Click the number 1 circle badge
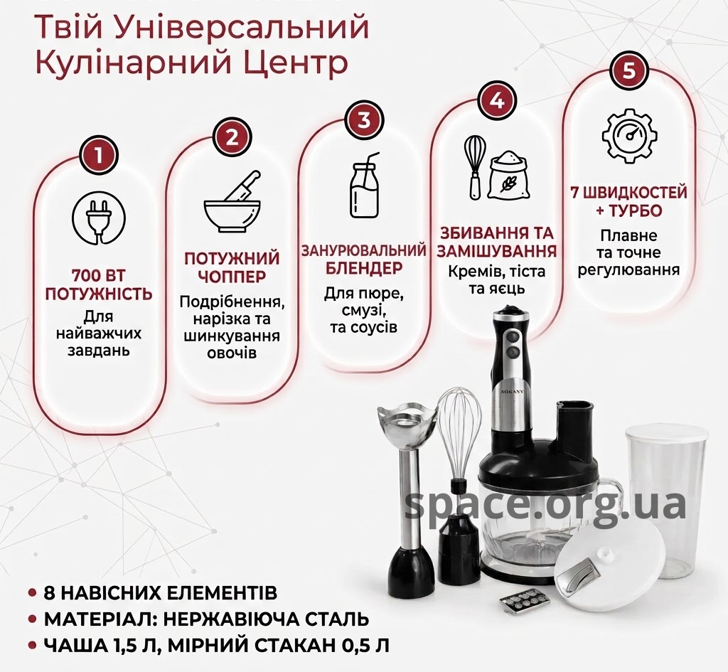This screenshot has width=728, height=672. click(98, 156)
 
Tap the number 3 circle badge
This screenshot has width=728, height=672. click(365, 119)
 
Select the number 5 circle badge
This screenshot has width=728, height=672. click(629, 71)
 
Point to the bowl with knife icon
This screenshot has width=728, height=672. click(232, 204)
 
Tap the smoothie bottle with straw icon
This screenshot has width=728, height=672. click(365, 186)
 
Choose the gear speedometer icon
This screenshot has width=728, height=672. click(631, 134)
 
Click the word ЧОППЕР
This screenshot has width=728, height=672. click(232, 277)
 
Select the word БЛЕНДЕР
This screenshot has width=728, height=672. click(363, 268)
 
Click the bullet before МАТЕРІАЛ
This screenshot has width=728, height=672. click(33, 619)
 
